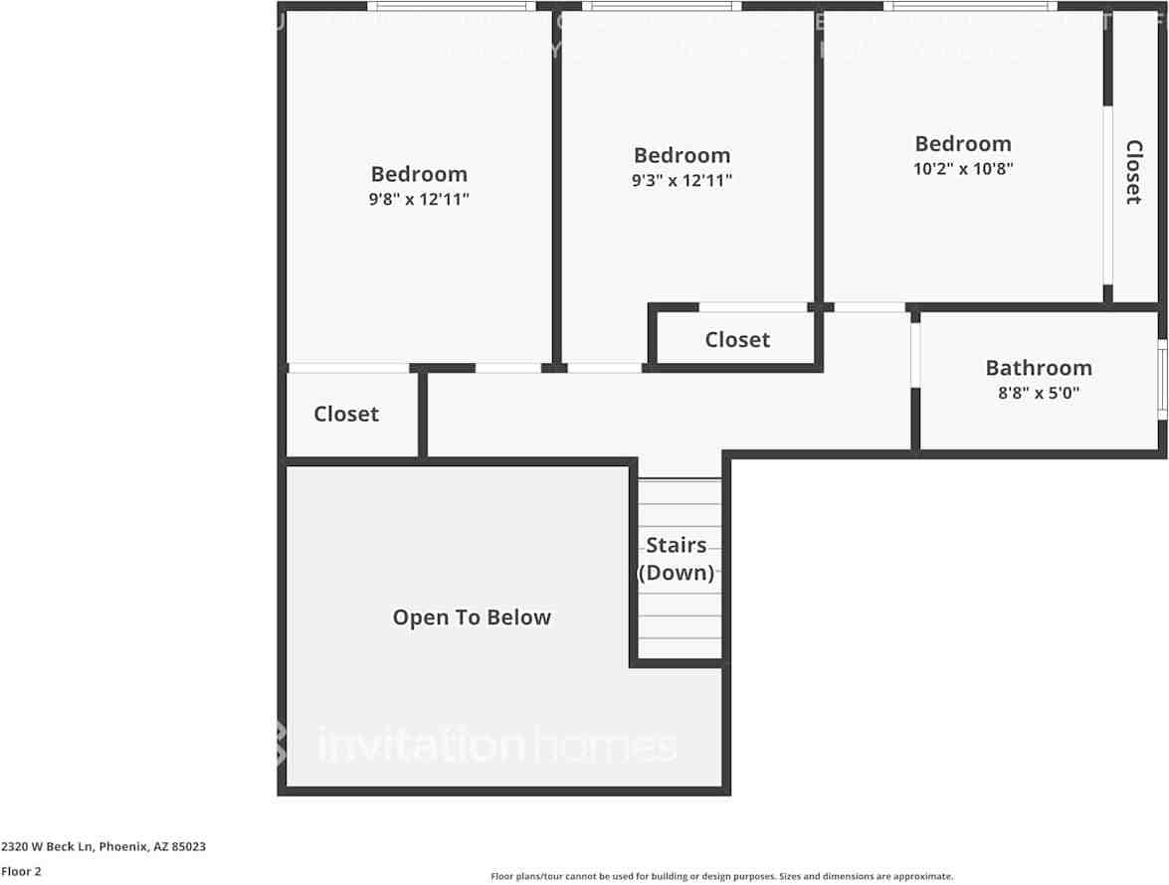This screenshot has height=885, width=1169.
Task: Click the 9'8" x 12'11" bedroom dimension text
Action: (x=419, y=199)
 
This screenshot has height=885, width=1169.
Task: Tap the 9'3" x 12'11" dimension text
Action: (x=682, y=180)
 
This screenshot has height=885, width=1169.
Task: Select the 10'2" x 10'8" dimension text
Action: (x=963, y=168)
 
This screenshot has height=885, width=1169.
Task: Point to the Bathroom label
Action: (x=1039, y=368)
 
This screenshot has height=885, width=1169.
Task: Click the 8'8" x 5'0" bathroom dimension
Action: (x=1039, y=393)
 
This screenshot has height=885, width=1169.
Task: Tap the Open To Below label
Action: (x=472, y=618)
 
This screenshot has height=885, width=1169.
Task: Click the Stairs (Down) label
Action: (x=678, y=559)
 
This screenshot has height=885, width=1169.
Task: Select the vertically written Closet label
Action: (x=1133, y=172)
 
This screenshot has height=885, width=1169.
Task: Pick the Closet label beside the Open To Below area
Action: (x=346, y=414)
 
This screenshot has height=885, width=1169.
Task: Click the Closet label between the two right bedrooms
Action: (x=737, y=340)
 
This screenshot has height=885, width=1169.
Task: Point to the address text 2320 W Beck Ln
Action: (x=103, y=847)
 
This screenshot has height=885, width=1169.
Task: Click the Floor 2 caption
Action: (x=21, y=871)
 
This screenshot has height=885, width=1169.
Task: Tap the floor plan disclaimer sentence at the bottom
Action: (x=721, y=876)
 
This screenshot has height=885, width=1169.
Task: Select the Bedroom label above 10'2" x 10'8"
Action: (x=963, y=143)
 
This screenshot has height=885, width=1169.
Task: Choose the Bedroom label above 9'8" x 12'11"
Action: (x=419, y=174)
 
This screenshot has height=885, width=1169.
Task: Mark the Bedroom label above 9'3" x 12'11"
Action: (x=682, y=155)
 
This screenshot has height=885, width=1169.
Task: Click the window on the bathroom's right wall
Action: (x=1162, y=380)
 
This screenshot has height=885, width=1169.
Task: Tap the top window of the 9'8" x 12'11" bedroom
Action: (x=452, y=6)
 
